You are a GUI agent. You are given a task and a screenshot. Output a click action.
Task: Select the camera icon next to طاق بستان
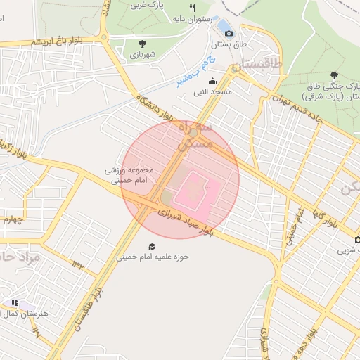(x=229, y=32)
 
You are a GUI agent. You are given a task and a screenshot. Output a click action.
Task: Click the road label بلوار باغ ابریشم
(x=56, y=43)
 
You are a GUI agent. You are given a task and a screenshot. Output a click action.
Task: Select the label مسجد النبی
(x=231, y=91)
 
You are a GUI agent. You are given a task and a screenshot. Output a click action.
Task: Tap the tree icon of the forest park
(x=333, y=75)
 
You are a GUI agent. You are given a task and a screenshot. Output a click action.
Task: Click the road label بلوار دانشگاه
(x=155, y=106)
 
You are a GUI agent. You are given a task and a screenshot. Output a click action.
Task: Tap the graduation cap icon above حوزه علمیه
(x=152, y=245)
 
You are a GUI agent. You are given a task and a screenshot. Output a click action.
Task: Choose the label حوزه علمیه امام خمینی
(x=152, y=257)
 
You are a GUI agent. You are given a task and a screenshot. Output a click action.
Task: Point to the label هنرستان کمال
(x=27, y=313)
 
